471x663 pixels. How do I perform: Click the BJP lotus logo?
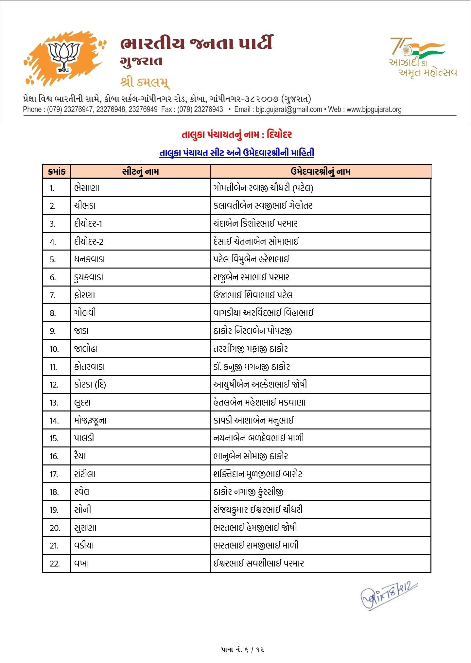(x=65, y=58)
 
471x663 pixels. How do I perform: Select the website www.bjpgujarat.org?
(x=374, y=110)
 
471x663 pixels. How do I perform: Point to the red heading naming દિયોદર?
(x=236, y=134)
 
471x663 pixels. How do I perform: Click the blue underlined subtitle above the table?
(x=236, y=153)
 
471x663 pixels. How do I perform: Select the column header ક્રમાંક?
(x=57, y=171)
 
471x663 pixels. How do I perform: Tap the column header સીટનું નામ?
(x=140, y=171)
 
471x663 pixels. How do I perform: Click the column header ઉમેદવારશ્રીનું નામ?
(x=320, y=171)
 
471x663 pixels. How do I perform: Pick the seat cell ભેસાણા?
(x=87, y=188)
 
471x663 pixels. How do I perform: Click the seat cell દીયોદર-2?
(x=89, y=242)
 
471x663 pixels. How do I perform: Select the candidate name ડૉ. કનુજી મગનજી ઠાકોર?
(x=252, y=367)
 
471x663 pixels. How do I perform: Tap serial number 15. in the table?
(x=54, y=438)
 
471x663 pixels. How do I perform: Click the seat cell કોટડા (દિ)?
(x=90, y=385)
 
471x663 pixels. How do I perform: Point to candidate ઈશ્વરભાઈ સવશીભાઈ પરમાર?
(x=258, y=564)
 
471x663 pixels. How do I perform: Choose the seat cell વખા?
(x=81, y=564)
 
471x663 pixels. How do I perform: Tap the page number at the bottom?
(x=242, y=650)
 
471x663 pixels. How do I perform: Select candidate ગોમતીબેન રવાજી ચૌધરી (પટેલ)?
(x=263, y=188)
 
